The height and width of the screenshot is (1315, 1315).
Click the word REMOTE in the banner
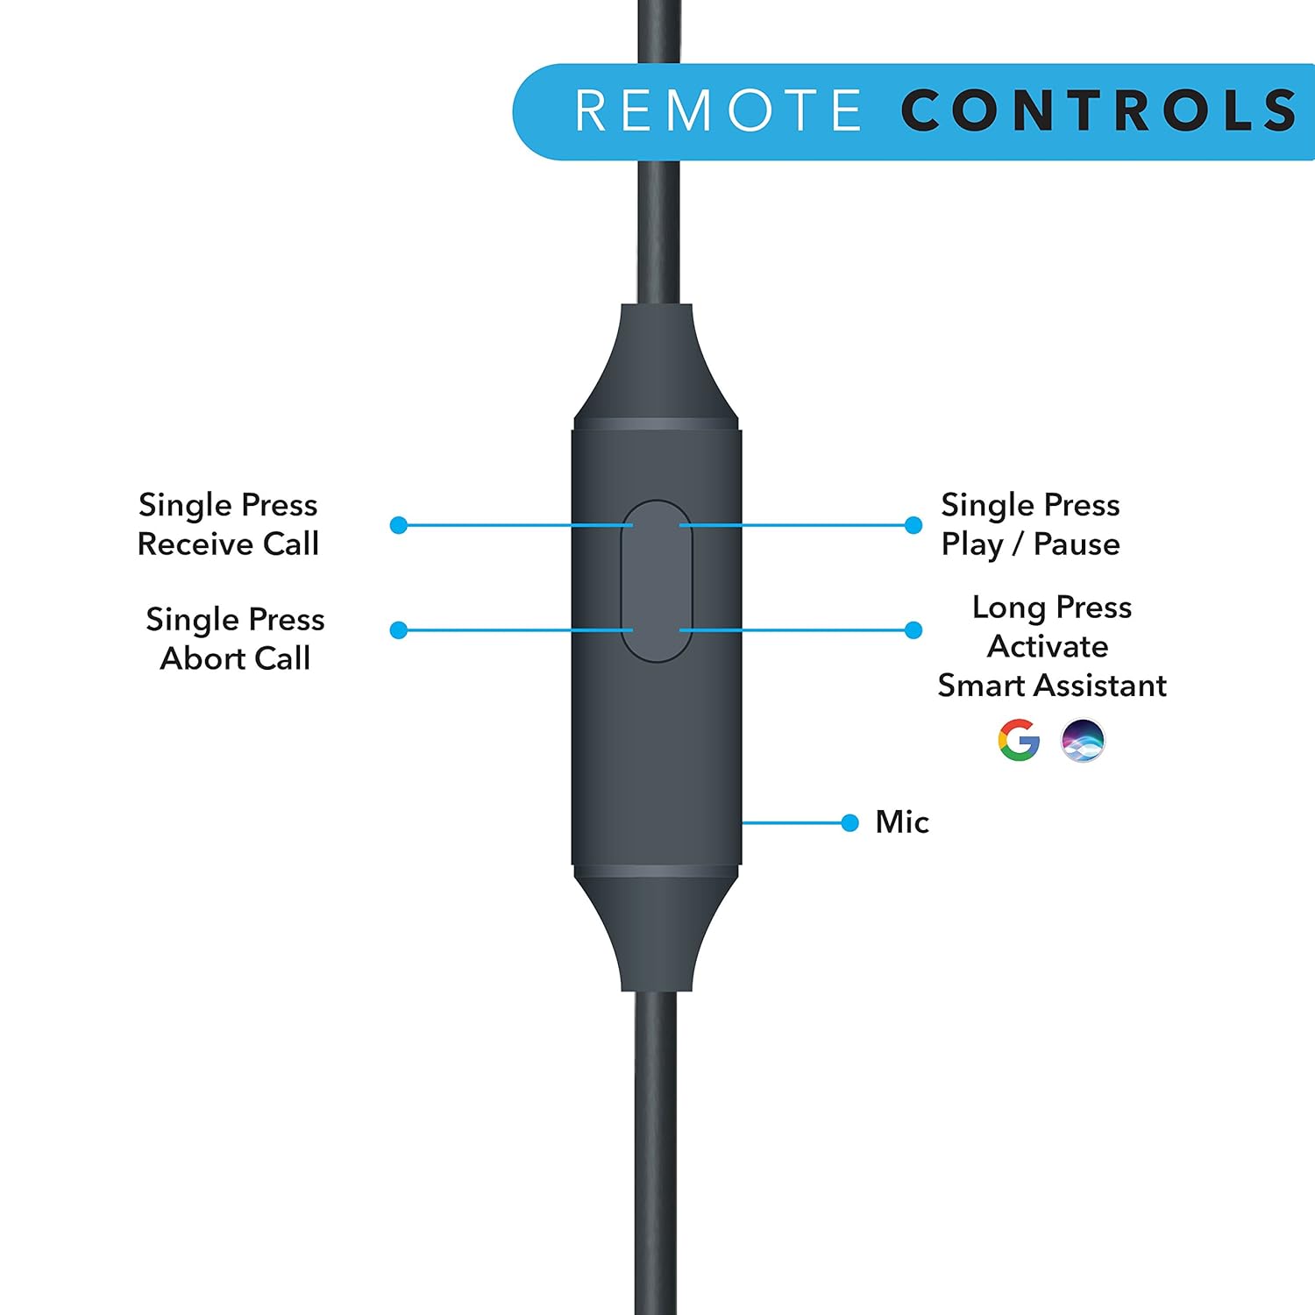click(x=718, y=111)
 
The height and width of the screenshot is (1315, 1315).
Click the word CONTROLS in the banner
click(x=1098, y=111)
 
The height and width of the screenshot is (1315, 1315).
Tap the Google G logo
click(x=1019, y=740)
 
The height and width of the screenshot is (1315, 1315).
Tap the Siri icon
click(x=1083, y=740)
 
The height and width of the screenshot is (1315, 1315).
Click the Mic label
click(x=902, y=822)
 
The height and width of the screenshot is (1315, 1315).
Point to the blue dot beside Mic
click(x=849, y=822)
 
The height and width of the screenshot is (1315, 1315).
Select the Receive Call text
click(x=228, y=544)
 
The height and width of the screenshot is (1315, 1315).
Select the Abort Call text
click(x=235, y=658)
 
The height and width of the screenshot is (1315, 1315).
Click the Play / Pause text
click(x=1030, y=544)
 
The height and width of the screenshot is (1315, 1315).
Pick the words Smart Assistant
click(x=1051, y=686)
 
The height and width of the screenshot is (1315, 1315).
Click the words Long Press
click(x=1051, y=608)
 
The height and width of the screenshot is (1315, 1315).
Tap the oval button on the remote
click(x=657, y=580)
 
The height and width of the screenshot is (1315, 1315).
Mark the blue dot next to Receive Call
click(x=399, y=525)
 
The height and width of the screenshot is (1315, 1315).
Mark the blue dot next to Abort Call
click(x=399, y=629)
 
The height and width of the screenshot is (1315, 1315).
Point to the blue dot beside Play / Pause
click(x=913, y=525)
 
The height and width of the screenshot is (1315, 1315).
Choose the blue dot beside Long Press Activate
click(x=913, y=629)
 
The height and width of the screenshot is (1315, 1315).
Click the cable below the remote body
click(x=657, y=1140)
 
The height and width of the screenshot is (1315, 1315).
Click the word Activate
click(x=1048, y=647)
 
